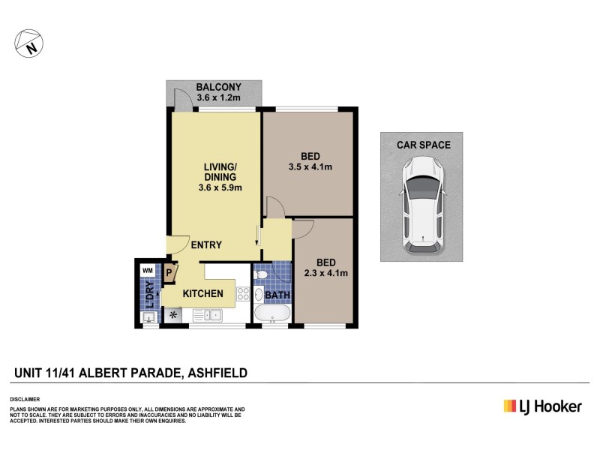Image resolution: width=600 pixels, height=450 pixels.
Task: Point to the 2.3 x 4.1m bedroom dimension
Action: pyautogui.click(x=325, y=273)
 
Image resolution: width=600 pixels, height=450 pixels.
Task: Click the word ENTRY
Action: pyautogui.click(x=206, y=245)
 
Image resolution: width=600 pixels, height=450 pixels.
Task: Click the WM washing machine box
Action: pyautogui.click(x=147, y=270)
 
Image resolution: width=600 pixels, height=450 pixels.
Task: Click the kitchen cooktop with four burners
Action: pyautogui.click(x=241, y=293)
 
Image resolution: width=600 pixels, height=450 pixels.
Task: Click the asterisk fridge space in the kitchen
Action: pyautogui.click(x=174, y=316)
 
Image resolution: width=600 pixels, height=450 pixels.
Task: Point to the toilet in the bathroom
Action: pyautogui.click(x=260, y=277)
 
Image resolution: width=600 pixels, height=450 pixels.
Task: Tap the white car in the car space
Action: pyautogui.click(x=421, y=205)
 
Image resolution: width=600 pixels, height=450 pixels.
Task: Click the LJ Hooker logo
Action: pyautogui.click(x=542, y=406)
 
